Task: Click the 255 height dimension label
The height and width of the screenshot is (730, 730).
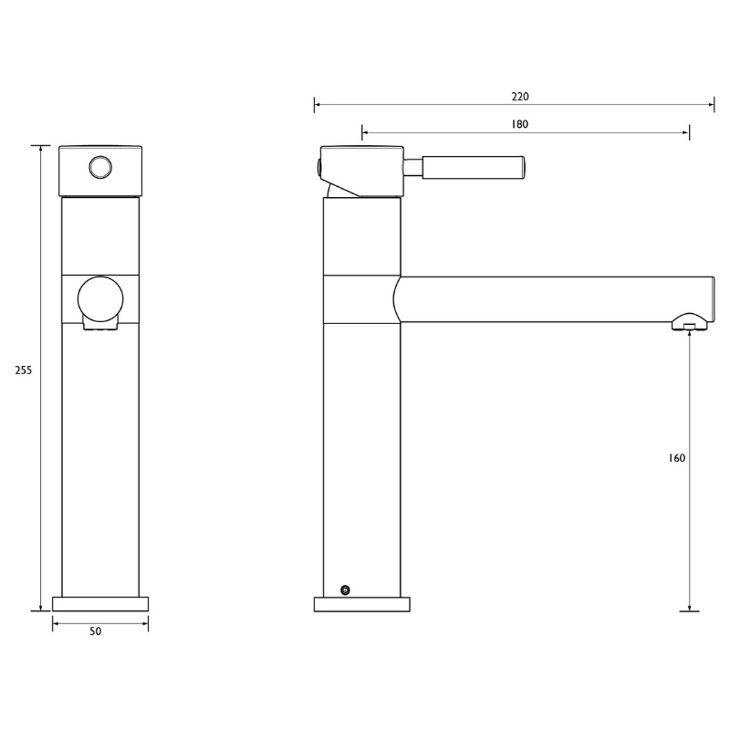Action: click(x=24, y=370)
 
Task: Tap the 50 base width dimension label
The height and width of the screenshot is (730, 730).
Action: click(x=95, y=631)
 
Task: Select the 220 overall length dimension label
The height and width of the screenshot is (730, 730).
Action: click(x=520, y=97)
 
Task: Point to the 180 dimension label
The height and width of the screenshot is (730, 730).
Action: click(x=519, y=124)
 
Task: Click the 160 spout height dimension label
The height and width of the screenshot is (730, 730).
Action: click(x=676, y=458)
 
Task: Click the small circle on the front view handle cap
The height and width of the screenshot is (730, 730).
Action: click(x=100, y=167)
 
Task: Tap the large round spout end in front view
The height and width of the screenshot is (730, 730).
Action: click(x=100, y=299)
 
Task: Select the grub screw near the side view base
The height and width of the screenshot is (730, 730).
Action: click(x=345, y=590)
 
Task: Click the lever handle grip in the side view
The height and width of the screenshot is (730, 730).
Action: click(x=474, y=167)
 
